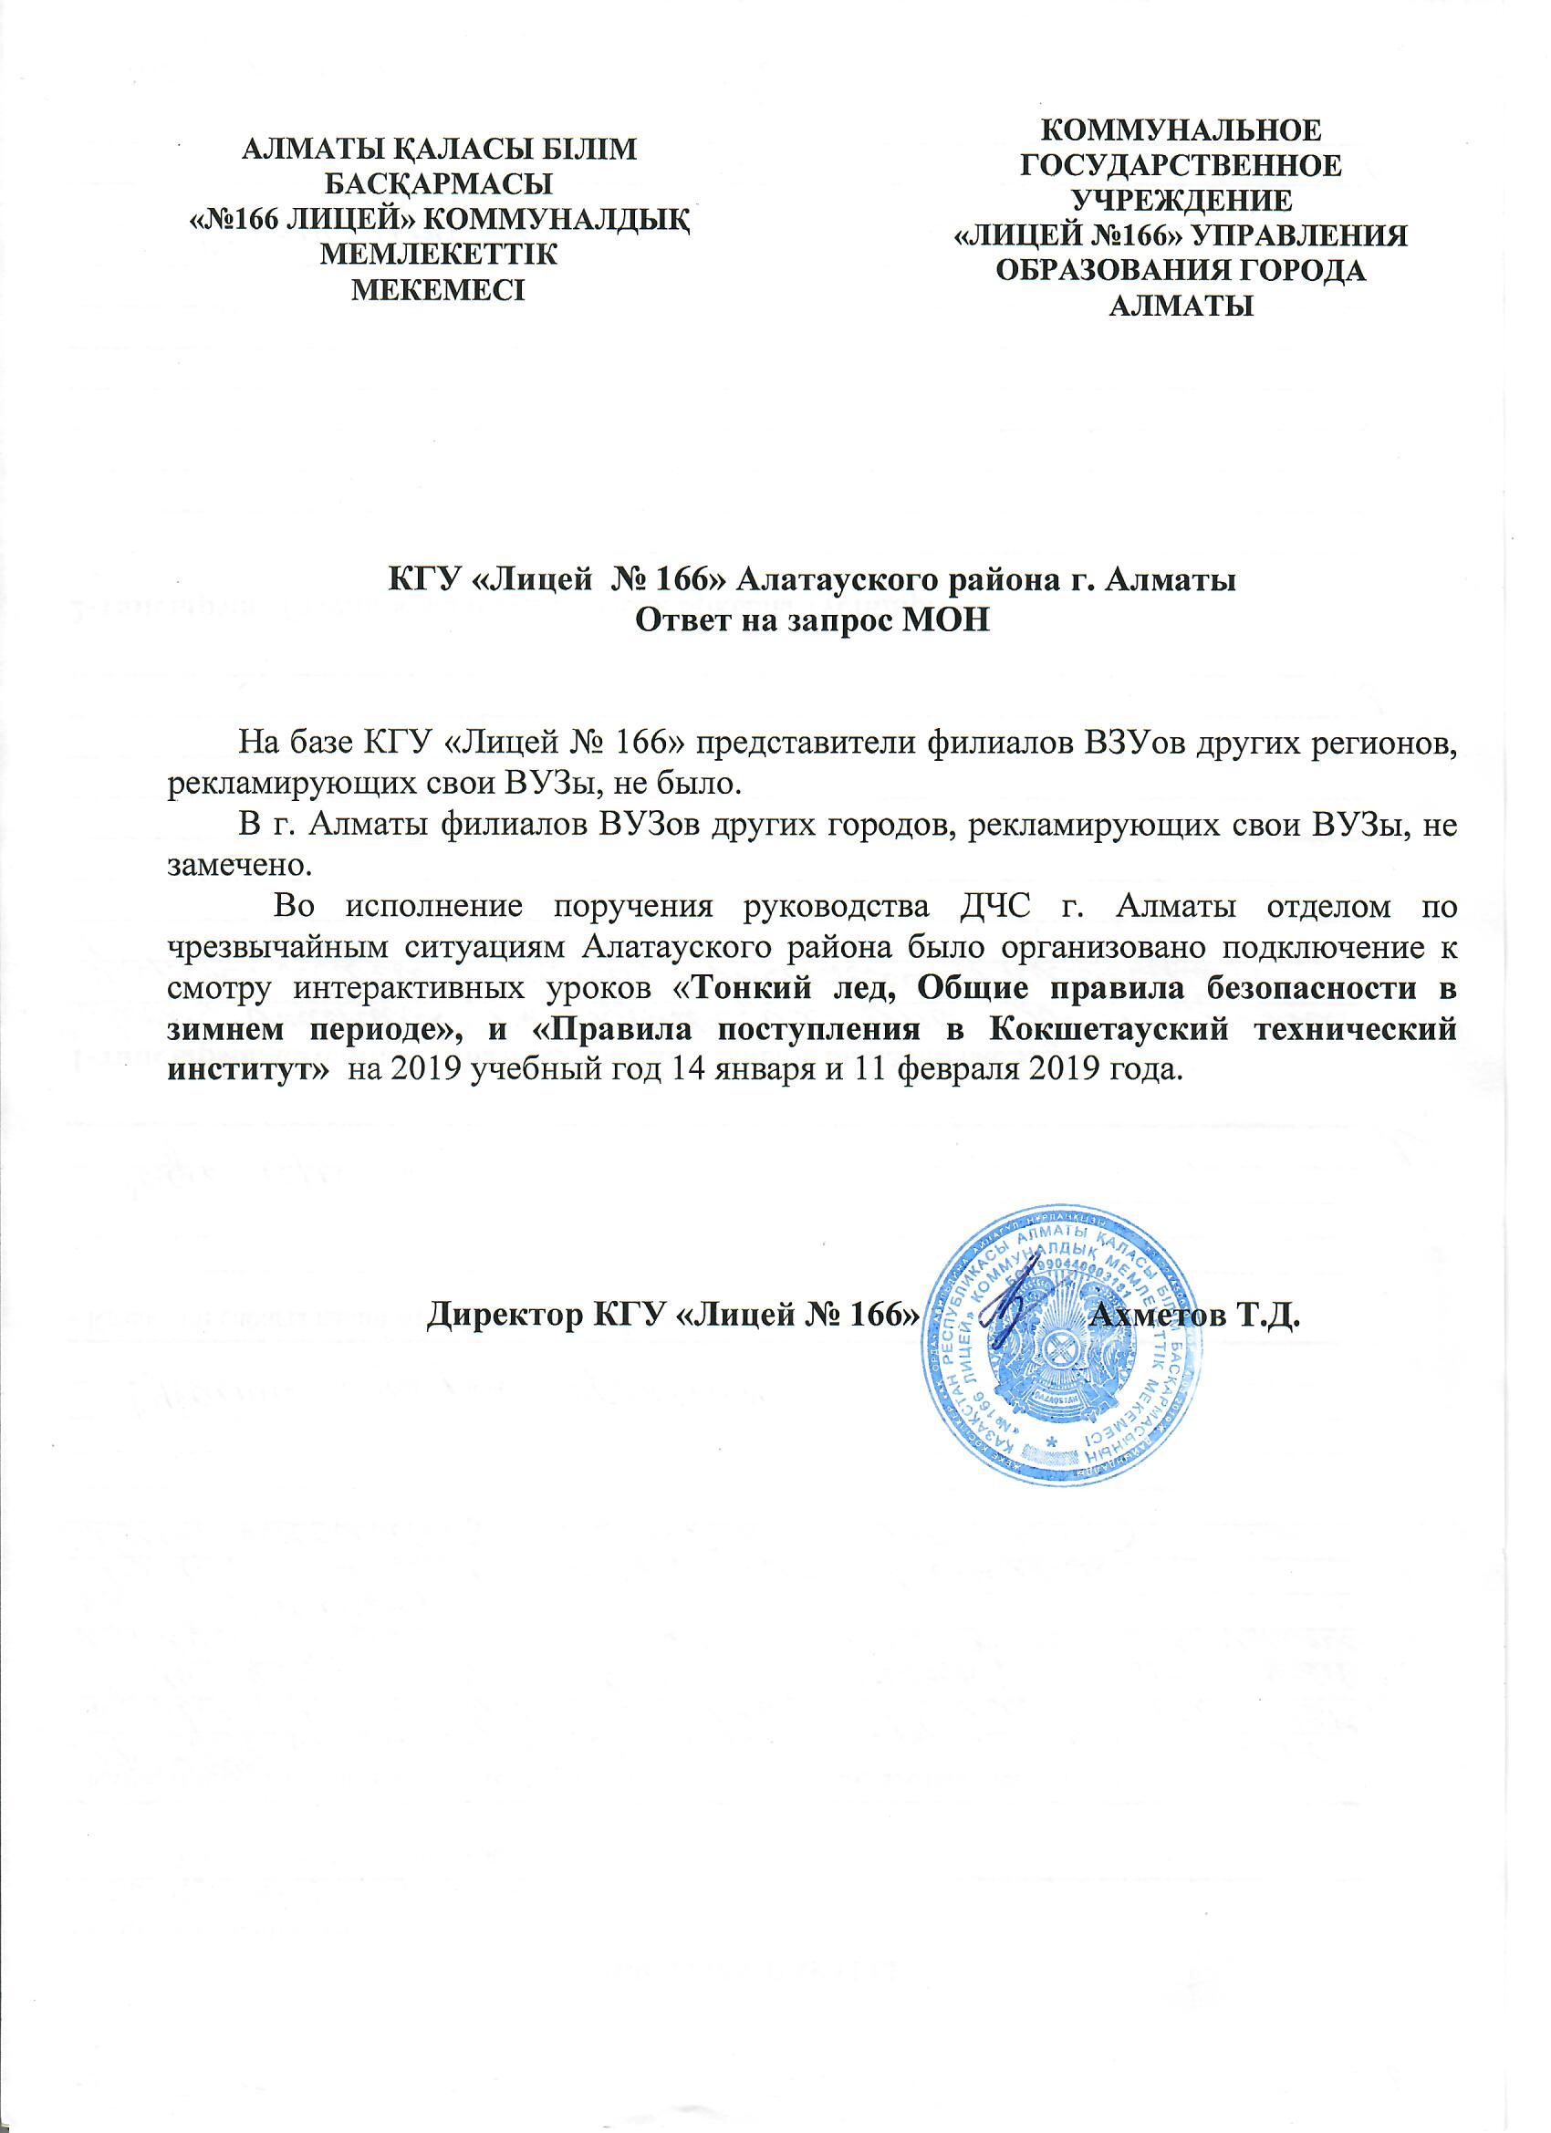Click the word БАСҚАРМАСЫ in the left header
[439, 182]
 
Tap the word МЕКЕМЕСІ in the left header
[439, 286]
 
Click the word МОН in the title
[951, 621]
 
